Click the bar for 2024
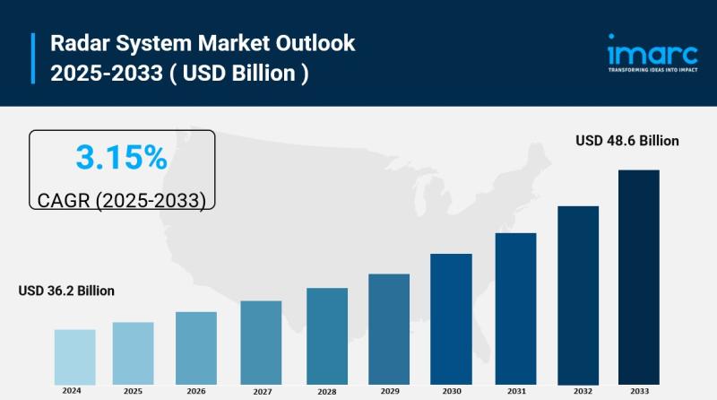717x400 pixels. (74, 356)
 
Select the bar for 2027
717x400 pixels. (261, 342)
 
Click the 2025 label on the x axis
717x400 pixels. (133, 391)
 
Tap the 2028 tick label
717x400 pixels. (326, 392)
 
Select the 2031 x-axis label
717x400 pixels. (516, 391)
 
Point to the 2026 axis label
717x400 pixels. (196, 391)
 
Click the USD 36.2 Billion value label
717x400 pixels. (66, 291)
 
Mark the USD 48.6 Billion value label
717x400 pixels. (627, 141)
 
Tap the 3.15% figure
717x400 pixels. (122, 158)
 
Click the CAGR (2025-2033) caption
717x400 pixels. (122, 200)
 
